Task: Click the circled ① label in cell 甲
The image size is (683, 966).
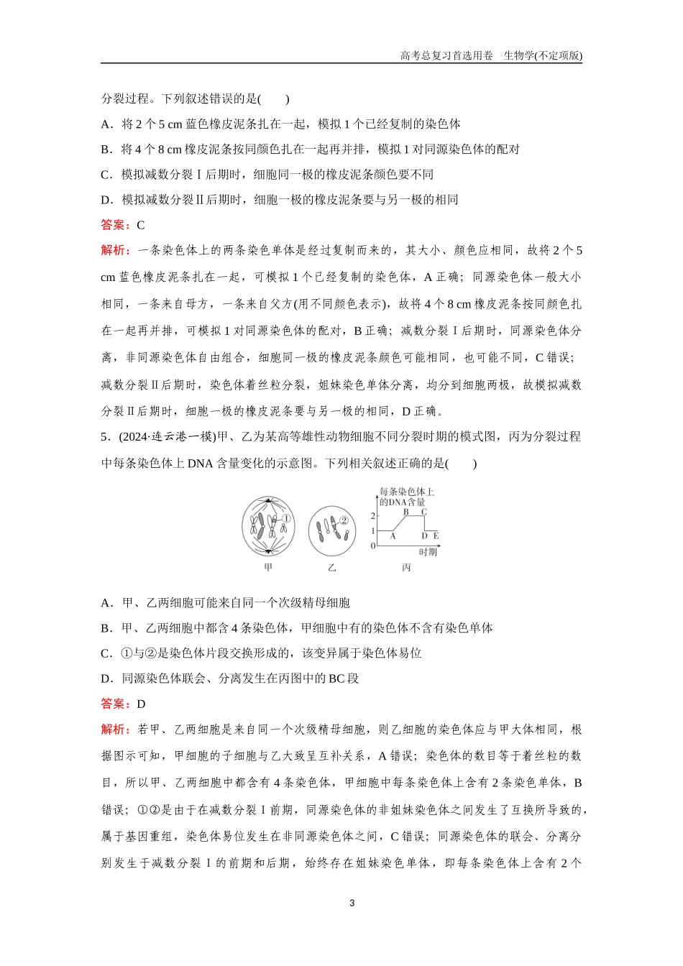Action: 285,518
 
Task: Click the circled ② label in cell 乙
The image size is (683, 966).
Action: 344,520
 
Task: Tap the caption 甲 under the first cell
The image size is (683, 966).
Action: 269,568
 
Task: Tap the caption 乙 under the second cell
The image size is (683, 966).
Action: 331,568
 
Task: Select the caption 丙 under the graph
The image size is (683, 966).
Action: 407,568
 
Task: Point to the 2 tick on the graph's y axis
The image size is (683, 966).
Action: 372,516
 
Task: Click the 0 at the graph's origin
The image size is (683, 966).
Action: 372,546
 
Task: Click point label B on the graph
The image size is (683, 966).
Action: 405,512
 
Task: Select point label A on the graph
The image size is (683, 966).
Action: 393,535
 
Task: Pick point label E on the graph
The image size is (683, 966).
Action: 436,535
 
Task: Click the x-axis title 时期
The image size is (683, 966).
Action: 428,552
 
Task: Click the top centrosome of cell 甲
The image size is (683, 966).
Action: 268,500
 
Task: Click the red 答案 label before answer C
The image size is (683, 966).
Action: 113,225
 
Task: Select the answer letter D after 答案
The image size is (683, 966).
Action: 141,704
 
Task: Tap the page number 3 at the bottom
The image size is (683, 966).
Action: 352,903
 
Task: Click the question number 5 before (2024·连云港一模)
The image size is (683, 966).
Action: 104,437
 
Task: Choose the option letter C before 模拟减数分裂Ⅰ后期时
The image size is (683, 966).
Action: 105,175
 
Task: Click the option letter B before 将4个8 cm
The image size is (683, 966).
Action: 105,149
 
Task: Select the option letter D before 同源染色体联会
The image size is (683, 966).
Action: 106,678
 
